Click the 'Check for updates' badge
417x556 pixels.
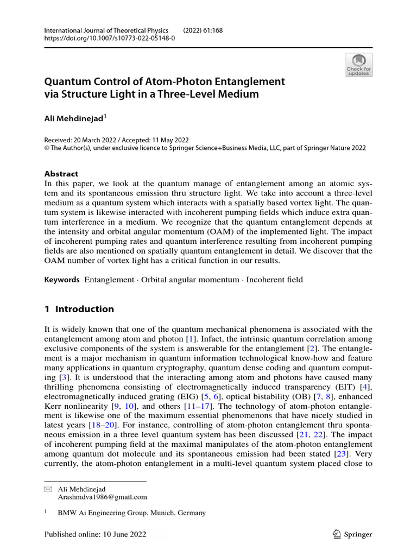(x=359, y=65)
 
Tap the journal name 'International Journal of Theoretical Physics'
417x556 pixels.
(x=106, y=30)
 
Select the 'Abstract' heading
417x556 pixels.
(x=61, y=174)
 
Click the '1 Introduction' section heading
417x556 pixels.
(x=79, y=309)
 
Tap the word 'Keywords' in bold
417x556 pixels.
(x=62, y=280)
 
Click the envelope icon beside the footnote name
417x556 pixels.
(x=47, y=489)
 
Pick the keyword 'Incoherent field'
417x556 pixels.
(x=274, y=280)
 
